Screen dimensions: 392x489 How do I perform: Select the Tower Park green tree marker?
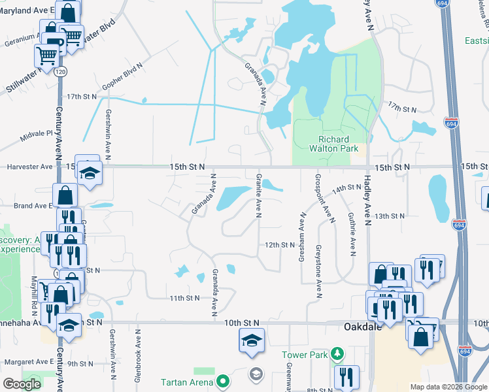tap(337, 354)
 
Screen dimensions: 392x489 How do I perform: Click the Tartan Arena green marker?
tap(223, 381)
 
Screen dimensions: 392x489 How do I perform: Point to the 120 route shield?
tap(59, 71)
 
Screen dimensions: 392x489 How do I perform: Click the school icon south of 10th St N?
tap(252, 341)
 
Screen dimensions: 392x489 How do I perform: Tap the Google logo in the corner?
tap(22, 384)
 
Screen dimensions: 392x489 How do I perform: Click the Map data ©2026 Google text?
tap(448, 387)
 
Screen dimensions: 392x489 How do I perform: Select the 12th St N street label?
tap(280, 245)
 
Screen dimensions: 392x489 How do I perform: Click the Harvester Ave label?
tap(29, 167)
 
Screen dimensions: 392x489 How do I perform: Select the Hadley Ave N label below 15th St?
tap(367, 195)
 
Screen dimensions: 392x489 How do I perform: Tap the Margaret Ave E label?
tap(27, 361)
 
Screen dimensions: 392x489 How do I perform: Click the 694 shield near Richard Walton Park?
tap(451, 122)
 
